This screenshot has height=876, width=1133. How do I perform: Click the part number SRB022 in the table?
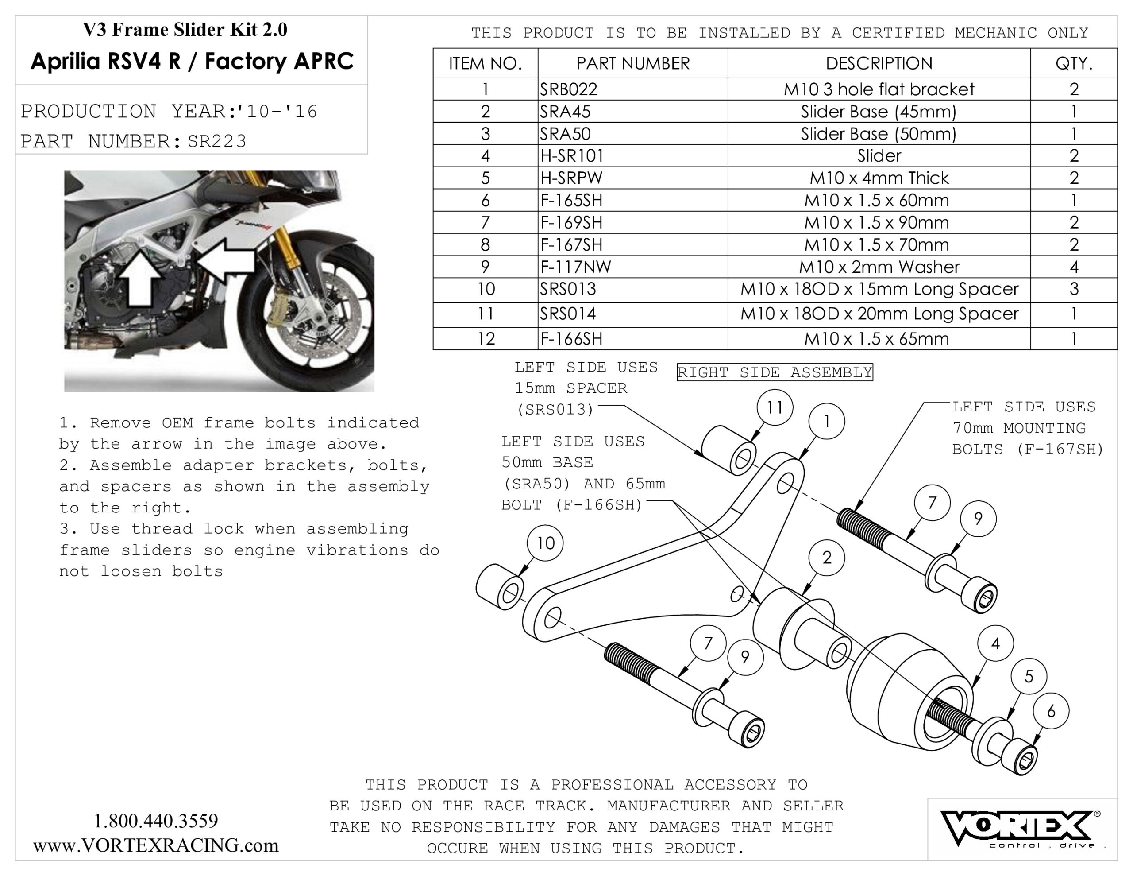point(569,89)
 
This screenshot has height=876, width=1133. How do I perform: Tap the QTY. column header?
point(1073,63)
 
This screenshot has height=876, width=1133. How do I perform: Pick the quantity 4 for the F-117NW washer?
point(1073,267)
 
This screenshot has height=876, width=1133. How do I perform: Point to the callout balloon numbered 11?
point(775,407)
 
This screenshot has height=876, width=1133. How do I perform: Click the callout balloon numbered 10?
point(545,543)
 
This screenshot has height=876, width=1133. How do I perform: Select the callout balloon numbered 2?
point(826,558)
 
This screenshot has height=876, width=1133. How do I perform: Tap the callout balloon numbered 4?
point(995,644)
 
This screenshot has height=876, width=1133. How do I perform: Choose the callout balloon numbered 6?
point(1051,711)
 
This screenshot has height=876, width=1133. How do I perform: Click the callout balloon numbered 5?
point(1029,676)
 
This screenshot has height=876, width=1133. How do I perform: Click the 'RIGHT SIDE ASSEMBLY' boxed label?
point(775,372)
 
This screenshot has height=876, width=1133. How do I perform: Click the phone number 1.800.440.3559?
point(156,821)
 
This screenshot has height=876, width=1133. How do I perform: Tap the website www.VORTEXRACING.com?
point(156,845)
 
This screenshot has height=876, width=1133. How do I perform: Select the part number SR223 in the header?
point(217,141)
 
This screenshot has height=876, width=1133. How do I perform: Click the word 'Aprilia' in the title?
point(66,61)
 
